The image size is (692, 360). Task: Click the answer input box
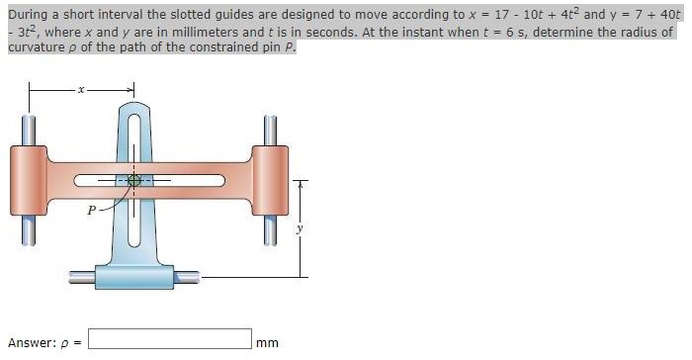point(169,340)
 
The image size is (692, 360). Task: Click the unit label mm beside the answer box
point(267,342)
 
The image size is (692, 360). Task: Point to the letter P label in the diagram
point(91,210)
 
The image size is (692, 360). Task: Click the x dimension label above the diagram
point(83,90)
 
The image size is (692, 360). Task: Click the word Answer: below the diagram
point(31,342)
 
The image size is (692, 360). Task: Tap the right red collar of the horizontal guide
point(270,179)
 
